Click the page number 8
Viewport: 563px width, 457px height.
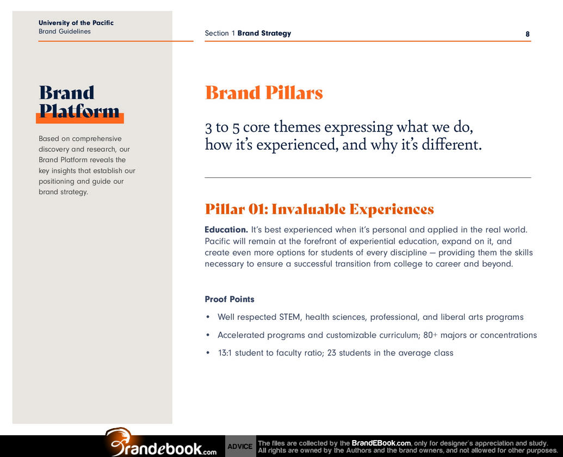528,34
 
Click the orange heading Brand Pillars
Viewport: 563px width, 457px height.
264,92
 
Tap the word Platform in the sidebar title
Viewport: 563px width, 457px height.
79,111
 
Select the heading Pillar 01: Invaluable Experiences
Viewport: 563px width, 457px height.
319,209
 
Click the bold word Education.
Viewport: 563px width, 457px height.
226,230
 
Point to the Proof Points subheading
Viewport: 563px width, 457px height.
230,299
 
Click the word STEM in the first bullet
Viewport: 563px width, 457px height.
290,317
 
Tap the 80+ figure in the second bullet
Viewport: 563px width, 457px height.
430,335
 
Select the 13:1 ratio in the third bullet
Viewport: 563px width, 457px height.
225,353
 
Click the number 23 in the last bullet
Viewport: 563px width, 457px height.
331,353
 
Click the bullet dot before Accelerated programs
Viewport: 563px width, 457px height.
208,335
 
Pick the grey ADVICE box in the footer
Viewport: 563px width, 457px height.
240,446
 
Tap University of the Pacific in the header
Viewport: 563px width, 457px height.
76,23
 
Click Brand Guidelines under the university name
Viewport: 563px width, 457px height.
65,31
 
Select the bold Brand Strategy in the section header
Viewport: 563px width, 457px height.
264,33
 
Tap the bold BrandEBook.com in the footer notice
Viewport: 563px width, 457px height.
381,443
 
